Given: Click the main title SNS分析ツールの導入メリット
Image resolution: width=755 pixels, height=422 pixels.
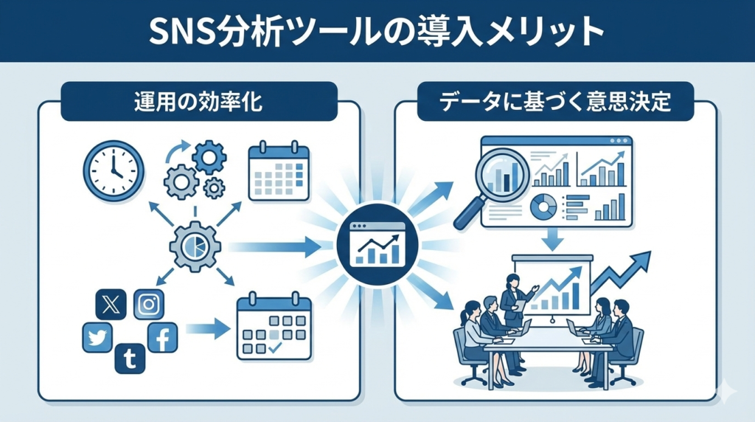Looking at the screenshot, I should point(377,31).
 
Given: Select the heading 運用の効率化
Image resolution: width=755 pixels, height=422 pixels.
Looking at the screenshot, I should point(199,102).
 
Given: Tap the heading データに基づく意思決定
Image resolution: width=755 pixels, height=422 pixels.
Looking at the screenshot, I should point(555,102).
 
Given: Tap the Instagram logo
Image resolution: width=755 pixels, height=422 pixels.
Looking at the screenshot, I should point(149,304).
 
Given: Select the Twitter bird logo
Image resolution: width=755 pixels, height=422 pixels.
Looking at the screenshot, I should point(97,339).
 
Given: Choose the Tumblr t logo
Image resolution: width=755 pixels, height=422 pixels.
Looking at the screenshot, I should point(130,359).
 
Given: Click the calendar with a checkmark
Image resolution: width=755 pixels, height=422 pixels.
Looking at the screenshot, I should point(274,329).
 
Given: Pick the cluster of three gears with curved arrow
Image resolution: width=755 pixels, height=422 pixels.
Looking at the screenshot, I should point(194,167).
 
